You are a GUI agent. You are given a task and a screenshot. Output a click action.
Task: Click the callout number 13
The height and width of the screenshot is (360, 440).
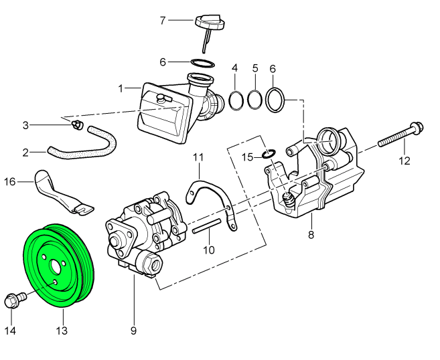click(x=62, y=331)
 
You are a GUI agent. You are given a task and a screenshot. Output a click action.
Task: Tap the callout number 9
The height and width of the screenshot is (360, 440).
click(x=133, y=331)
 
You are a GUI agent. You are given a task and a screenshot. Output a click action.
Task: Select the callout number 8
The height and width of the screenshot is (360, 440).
click(x=311, y=235)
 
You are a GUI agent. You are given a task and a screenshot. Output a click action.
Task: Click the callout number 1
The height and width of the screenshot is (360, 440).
click(x=121, y=88)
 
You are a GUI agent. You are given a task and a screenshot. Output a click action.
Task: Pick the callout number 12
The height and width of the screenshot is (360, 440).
click(x=404, y=161)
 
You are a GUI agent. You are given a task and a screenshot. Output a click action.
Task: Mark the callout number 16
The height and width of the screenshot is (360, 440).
click(x=10, y=181)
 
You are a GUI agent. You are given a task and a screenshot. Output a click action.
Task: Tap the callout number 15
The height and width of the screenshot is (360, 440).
click(x=248, y=157)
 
